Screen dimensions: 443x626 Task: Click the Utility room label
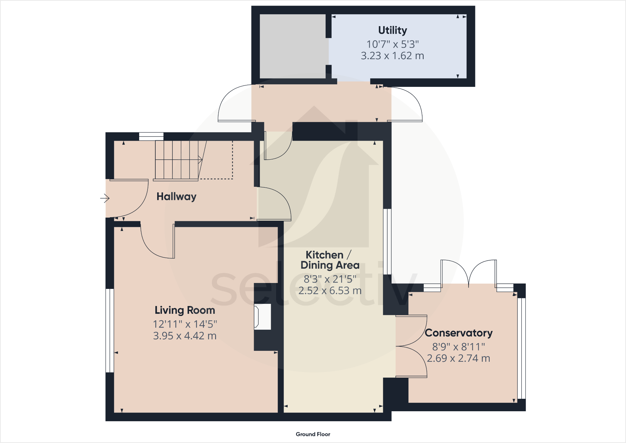tap(392, 30)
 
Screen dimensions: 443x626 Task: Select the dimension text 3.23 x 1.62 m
tap(392, 56)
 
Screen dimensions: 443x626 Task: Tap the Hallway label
tap(176, 196)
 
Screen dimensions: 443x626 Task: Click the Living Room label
tap(185, 310)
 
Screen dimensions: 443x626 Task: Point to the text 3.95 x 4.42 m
tap(185, 336)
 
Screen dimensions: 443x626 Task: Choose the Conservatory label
tap(459, 333)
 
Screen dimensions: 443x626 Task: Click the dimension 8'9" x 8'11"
tap(459, 346)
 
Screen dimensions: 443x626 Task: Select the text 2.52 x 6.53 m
tap(330, 291)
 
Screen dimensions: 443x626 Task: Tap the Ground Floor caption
tap(313, 434)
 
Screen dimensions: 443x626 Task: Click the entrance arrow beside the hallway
tap(105, 198)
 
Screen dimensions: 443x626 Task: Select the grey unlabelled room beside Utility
tap(293, 46)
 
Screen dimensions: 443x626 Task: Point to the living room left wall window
tap(110, 331)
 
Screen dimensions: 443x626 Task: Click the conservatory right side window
tap(521, 348)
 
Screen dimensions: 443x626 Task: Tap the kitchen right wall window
tap(387, 242)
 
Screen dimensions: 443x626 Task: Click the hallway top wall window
tap(151, 136)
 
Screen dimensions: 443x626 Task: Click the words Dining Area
tap(330, 265)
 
